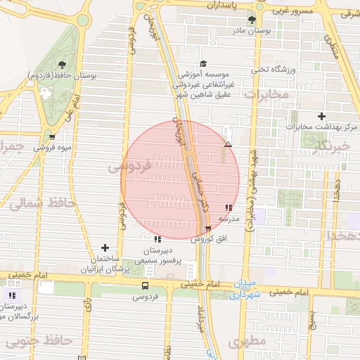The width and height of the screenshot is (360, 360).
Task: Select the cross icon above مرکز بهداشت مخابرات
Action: tap(322, 115)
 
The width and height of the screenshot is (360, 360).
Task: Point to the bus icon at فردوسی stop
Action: tap(145, 285)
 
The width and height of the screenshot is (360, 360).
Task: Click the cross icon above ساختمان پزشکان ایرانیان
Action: tap(105, 247)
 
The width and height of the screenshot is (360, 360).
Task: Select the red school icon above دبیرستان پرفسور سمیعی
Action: tap(146, 239)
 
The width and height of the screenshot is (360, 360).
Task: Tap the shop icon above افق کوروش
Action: tap(207, 229)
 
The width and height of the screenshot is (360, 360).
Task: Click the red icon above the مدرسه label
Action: tap(228, 207)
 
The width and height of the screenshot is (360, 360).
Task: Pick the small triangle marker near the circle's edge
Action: tap(227, 144)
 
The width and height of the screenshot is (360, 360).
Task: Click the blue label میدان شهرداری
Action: tap(245, 290)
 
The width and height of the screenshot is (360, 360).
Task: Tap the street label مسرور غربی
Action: tap(290, 11)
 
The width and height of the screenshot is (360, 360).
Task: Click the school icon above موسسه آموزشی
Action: tap(203, 64)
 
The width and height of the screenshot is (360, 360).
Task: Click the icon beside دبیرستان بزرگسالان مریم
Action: tap(12, 295)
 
